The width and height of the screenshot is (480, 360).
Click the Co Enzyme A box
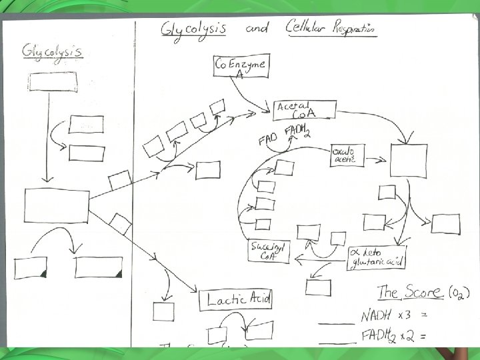click(x=241, y=67)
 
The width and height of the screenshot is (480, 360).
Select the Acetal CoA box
click(x=303, y=111)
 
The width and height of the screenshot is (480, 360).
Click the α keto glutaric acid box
click(x=377, y=257)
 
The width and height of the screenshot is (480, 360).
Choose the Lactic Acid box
click(x=235, y=300)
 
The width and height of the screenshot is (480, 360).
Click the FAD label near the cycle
click(x=267, y=141)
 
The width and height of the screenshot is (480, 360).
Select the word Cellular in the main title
click(x=309, y=29)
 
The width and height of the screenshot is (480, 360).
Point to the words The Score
click(x=409, y=292)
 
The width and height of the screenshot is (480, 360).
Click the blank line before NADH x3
click(x=336, y=323)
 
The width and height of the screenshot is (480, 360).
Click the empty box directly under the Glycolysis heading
click(x=53, y=81)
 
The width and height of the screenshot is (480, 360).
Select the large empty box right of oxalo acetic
click(x=407, y=161)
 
